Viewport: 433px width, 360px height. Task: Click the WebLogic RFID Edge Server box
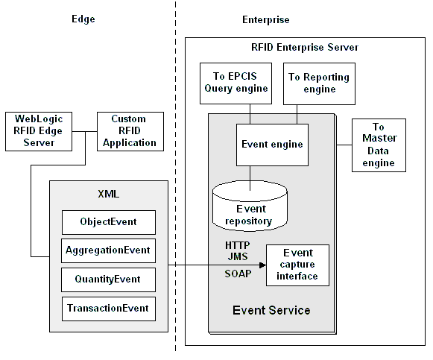(39, 131)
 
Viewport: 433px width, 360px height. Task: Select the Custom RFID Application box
(130, 131)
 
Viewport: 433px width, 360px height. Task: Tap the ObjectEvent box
(109, 222)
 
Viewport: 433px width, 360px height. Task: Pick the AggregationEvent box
(108, 250)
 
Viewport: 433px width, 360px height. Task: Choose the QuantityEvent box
(108, 280)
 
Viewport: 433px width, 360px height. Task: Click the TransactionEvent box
(109, 309)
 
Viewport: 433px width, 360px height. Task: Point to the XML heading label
(109, 194)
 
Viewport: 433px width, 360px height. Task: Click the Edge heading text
(83, 19)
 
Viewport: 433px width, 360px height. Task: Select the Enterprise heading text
(266, 20)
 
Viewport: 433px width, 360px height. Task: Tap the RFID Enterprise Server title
(305, 48)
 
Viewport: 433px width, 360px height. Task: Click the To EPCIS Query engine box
(236, 83)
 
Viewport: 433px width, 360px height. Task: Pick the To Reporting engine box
(319, 83)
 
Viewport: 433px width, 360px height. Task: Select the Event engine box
(272, 145)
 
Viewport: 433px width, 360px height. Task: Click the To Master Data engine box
(379, 145)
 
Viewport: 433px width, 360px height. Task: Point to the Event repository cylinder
(250, 206)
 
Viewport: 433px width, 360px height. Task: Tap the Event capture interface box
(297, 265)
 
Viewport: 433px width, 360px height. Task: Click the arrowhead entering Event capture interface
(263, 265)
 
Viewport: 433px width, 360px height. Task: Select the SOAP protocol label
(238, 274)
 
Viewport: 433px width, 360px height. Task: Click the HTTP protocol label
(238, 245)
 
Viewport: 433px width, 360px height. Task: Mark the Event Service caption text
(271, 310)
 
